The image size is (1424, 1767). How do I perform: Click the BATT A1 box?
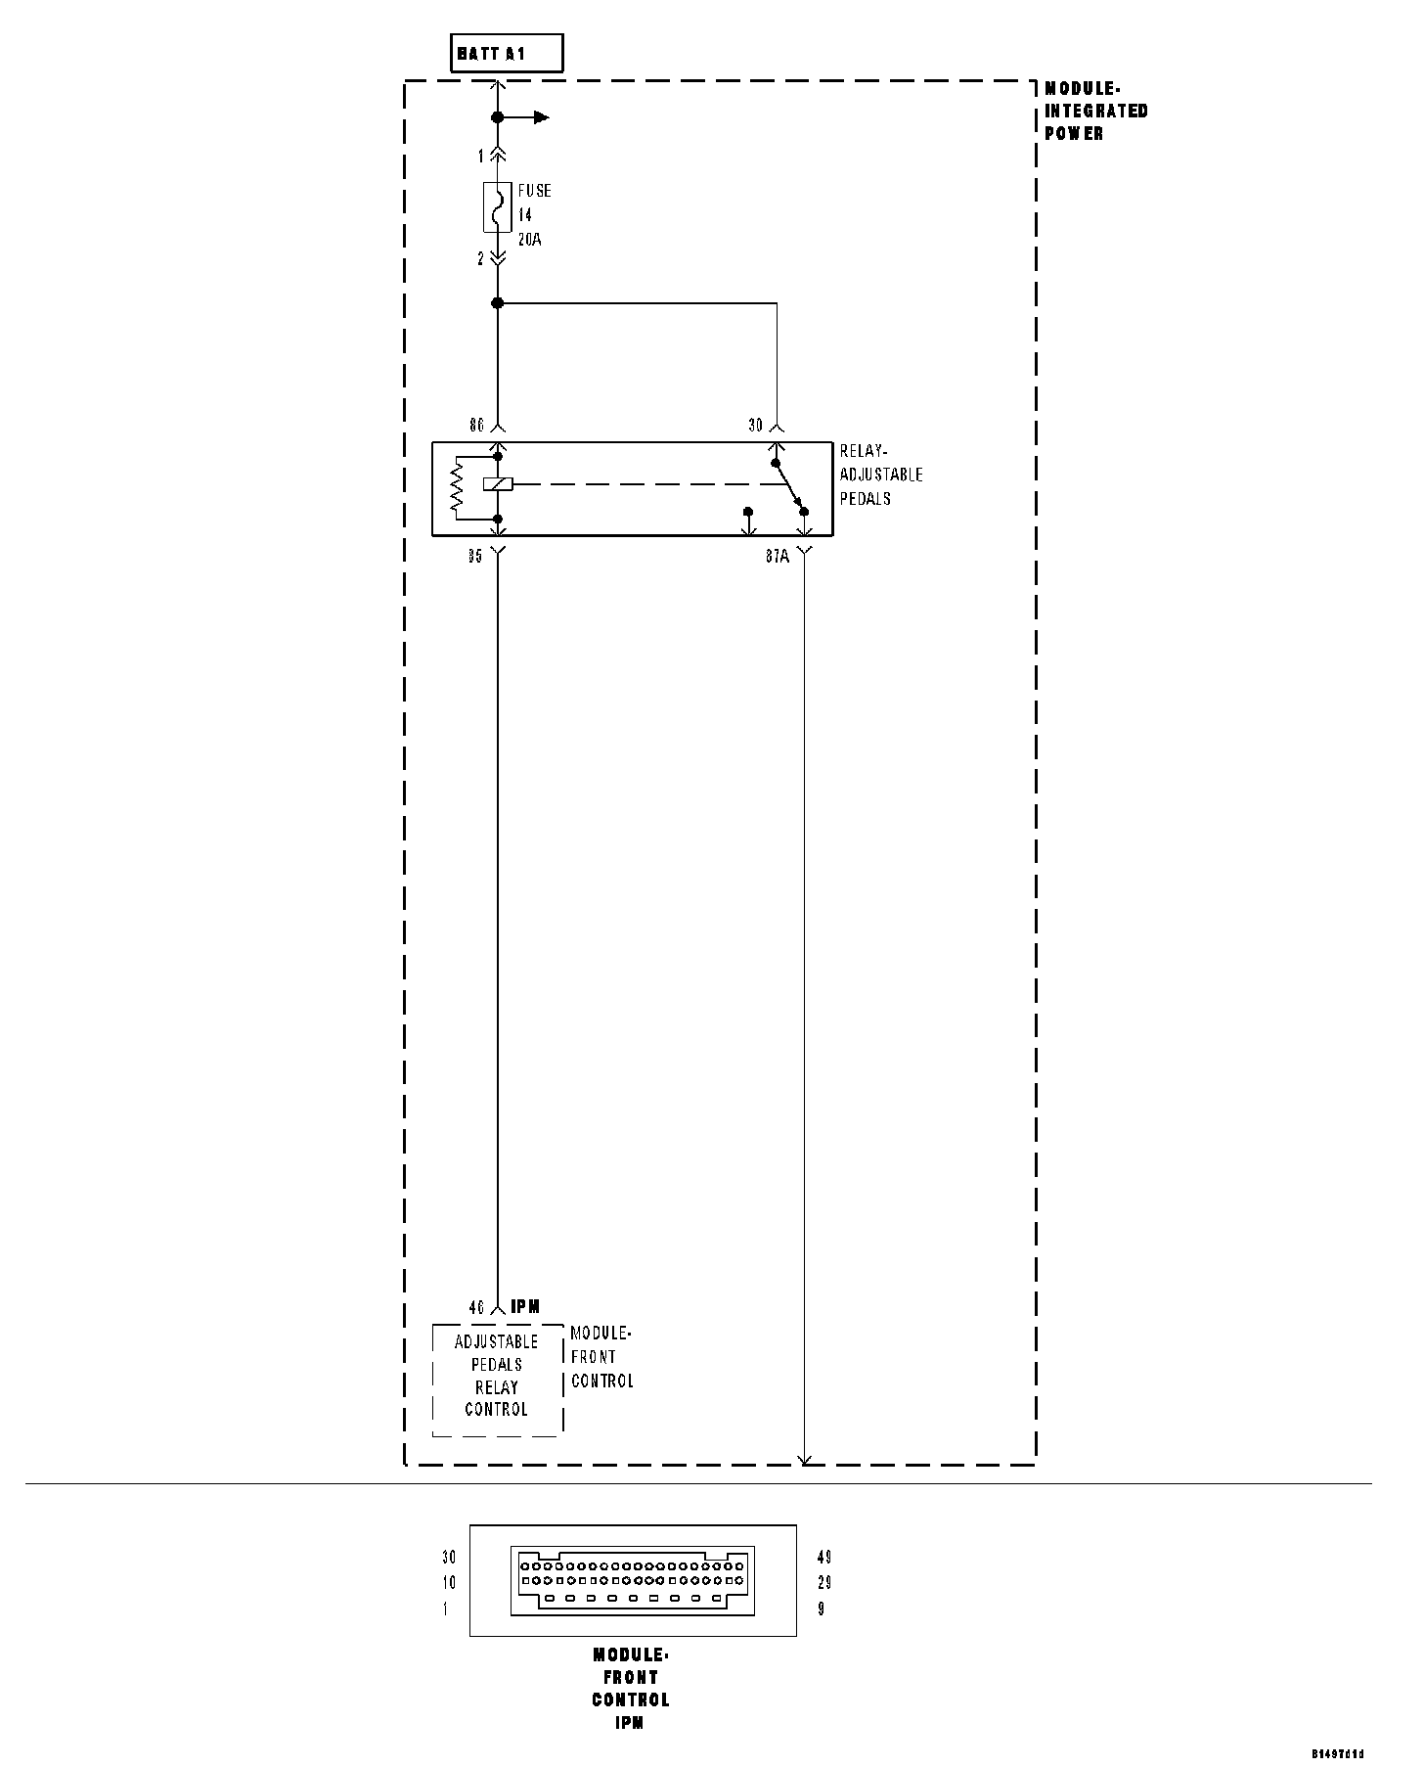507,54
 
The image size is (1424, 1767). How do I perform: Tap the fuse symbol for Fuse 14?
497,206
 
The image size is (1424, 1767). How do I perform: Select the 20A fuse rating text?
529,239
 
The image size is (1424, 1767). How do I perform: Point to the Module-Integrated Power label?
1095,111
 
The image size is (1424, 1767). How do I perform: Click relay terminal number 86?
476,426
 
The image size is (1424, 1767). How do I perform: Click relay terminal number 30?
755,426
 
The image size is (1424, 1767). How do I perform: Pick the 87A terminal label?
777,557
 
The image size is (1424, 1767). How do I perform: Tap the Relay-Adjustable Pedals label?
880,475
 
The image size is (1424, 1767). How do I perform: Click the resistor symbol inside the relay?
456,487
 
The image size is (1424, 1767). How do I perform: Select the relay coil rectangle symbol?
497,483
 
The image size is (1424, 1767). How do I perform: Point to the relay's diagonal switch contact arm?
789,486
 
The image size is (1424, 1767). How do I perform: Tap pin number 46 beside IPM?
476,1307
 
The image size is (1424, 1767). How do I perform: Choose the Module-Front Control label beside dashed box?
601,1357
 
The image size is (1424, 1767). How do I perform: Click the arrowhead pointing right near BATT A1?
542,117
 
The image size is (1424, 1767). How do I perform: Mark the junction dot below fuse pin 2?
497,303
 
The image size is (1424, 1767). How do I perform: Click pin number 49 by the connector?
823,1557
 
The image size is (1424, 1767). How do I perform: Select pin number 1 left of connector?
445,1608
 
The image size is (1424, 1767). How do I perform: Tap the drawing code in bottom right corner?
1337,1753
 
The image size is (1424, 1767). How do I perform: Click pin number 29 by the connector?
823,1582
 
